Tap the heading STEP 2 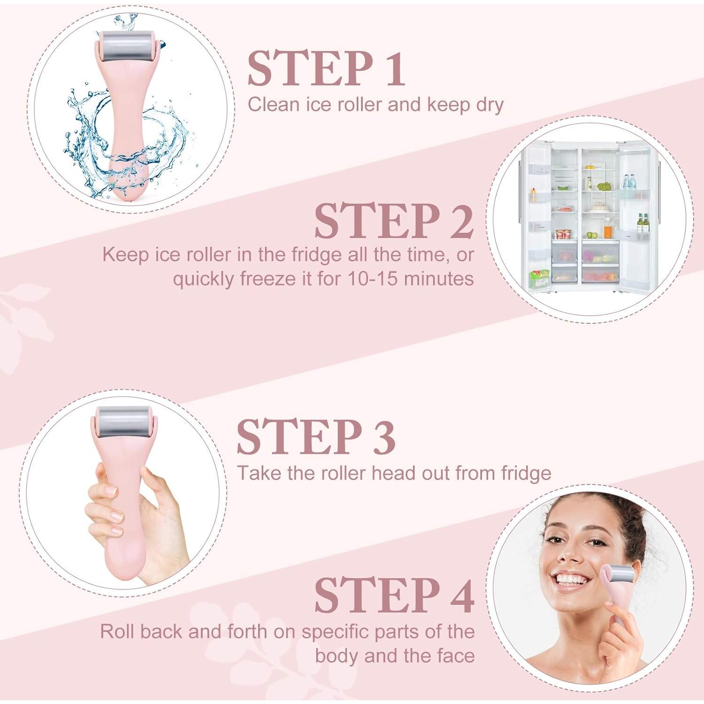click(393, 221)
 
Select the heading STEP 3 click(316, 437)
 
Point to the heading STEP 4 click(393, 596)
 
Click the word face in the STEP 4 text click(452, 655)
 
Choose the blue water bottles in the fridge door click(629, 182)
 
